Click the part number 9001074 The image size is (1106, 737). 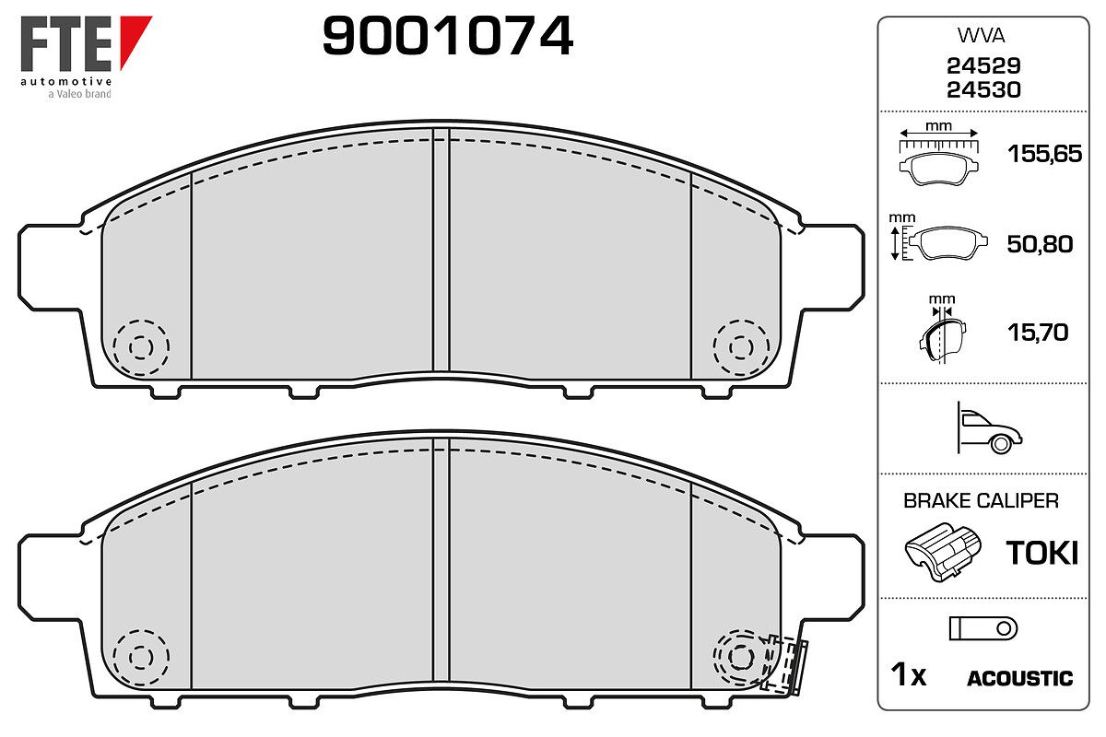(447, 35)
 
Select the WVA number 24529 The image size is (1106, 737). (983, 65)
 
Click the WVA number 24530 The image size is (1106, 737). (983, 90)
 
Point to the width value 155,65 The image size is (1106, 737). (1045, 154)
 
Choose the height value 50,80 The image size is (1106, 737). (1040, 244)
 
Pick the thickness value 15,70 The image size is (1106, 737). (1038, 333)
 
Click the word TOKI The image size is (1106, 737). (1041, 553)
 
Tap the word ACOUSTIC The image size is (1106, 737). (1020, 678)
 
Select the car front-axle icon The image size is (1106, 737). (989, 428)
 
